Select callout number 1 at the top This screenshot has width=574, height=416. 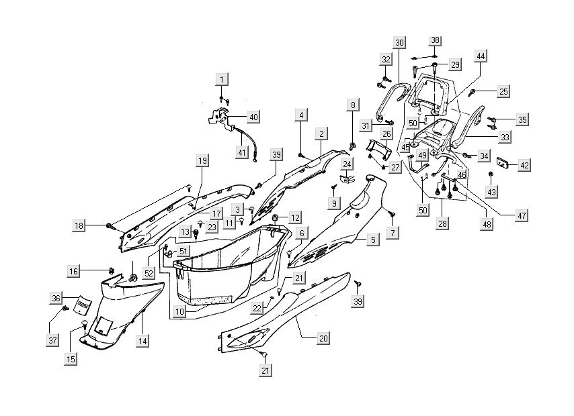(x=220, y=80)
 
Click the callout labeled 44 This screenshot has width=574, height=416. (x=480, y=56)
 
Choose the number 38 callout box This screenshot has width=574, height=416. (x=435, y=40)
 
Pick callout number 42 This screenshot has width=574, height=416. (x=524, y=165)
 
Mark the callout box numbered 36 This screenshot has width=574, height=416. (x=56, y=297)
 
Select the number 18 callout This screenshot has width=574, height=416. (x=79, y=226)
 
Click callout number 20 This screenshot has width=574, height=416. (x=323, y=339)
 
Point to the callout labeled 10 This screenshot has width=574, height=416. (x=179, y=312)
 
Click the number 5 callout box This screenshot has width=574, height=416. (x=372, y=239)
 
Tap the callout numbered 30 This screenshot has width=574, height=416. (x=399, y=43)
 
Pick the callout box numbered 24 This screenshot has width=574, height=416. (x=347, y=164)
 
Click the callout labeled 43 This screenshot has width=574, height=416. (x=492, y=192)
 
